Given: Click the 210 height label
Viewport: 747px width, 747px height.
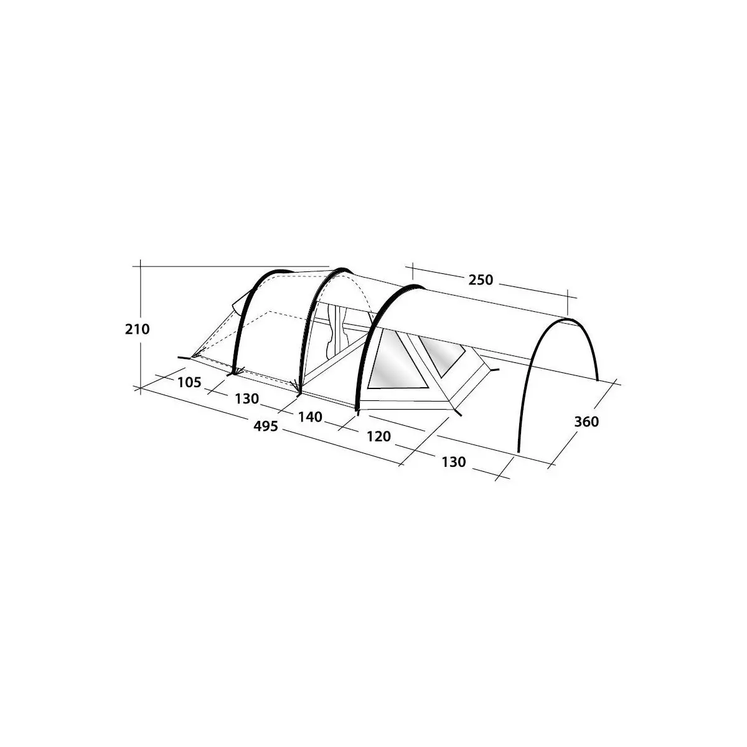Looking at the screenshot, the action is (x=137, y=329).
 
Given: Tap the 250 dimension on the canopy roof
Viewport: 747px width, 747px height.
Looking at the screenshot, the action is (x=481, y=280).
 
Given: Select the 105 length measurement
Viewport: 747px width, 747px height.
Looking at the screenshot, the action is (x=189, y=383).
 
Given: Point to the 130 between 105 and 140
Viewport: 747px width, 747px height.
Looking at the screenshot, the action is (x=247, y=398).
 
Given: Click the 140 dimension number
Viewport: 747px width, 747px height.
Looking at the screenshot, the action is (x=310, y=417).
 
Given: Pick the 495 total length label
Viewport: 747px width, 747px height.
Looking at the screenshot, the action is (x=266, y=426).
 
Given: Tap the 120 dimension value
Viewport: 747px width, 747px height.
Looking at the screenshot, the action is (x=378, y=437).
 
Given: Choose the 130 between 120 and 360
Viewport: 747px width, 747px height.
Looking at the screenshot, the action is (x=453, y=462).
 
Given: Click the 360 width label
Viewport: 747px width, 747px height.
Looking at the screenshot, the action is (x=586, y=422).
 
